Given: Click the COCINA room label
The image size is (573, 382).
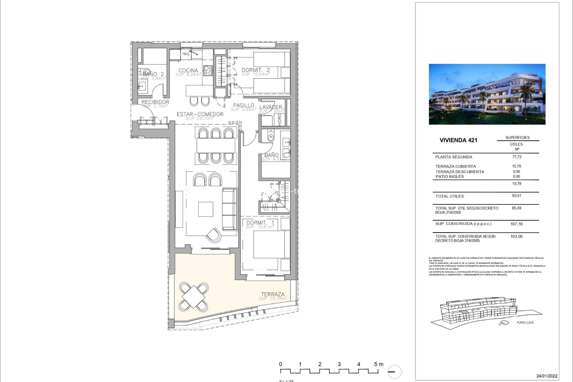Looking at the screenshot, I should pos(188,71).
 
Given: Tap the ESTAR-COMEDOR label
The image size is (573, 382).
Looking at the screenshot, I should pos(200,114).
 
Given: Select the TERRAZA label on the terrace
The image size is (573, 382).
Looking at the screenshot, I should pos(273,294).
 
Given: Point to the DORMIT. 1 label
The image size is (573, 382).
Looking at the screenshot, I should pos(260,223).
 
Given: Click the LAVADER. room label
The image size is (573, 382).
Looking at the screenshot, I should pos(271,107).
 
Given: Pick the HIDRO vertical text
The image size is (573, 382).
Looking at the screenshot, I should pos(280,120).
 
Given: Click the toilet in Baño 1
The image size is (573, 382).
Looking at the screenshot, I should pos(271,137).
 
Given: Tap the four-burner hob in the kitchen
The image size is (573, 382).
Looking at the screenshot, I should pos(208,70).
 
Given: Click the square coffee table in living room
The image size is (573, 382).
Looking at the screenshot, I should pos(206,209).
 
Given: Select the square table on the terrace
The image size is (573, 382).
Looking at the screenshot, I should pos(194,297).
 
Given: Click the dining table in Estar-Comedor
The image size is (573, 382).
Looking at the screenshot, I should pos(216,146).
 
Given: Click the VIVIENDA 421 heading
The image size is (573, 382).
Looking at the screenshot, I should pos(458,140).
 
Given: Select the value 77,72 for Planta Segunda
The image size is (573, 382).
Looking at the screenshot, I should pos(517,157).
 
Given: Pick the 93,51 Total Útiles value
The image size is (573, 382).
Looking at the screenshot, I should pos(517,196).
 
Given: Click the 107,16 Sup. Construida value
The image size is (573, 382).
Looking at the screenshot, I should pos(516,224).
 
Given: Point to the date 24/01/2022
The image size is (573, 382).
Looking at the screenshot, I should pos(547,376).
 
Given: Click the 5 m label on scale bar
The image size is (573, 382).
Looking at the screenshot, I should pos(379,364).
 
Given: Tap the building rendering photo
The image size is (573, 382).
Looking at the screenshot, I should pos(487,94).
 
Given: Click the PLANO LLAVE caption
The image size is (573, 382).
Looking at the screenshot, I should pos(525,322).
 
